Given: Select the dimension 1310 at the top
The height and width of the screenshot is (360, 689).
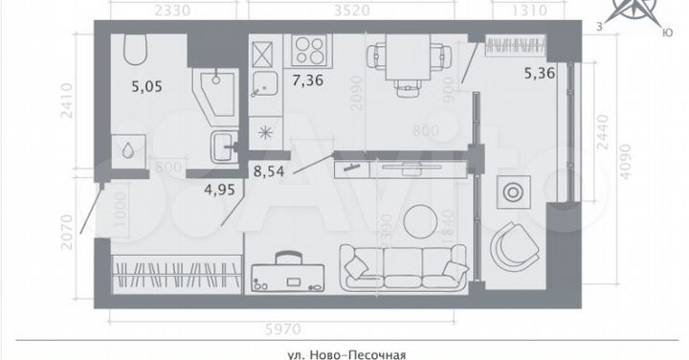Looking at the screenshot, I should tap(513, 12).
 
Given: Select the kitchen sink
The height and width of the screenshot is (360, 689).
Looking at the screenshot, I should tap(261, 88).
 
